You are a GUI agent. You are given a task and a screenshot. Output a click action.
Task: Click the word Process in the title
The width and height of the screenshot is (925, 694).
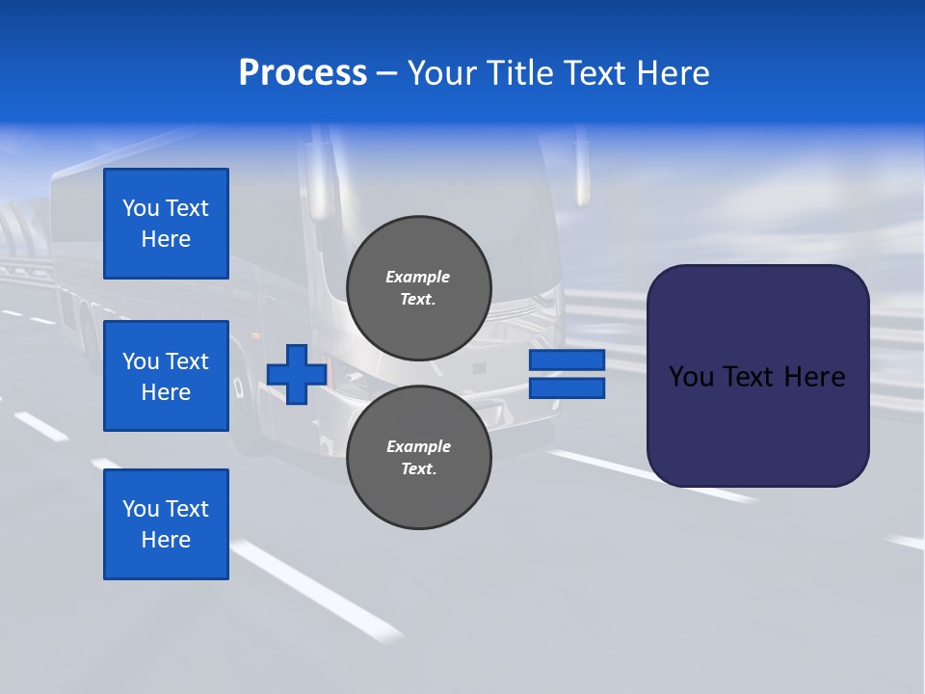pos(303,73)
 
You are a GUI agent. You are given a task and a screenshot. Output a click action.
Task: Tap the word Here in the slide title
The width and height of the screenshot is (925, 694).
pos(674,73)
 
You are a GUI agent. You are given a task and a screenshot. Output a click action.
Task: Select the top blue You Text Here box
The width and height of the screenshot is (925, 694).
pos(166,224)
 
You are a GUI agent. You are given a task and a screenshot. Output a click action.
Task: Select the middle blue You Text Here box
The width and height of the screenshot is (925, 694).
pos(166,376)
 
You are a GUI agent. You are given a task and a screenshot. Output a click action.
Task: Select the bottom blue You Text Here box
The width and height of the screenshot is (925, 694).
pos(166,524)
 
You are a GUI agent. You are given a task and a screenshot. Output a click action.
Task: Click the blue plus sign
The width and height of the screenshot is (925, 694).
pos(297,374)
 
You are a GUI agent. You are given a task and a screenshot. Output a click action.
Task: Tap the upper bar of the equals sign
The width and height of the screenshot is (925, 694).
pos(567,360)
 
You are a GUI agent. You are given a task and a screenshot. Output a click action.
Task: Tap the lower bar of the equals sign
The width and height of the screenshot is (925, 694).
pos(567,388)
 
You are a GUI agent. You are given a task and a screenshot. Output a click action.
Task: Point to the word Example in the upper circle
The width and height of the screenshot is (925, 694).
pos(417,277)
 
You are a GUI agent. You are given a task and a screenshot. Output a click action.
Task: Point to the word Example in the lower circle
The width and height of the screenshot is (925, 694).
pos(417,446)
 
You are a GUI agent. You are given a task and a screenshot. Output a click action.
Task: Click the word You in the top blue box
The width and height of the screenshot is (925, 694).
pos(140,208)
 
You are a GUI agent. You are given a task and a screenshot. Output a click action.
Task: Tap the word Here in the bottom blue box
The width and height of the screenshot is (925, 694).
pos(166,540)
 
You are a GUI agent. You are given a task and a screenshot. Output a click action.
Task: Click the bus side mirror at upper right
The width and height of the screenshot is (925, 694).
pos(581,173)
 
